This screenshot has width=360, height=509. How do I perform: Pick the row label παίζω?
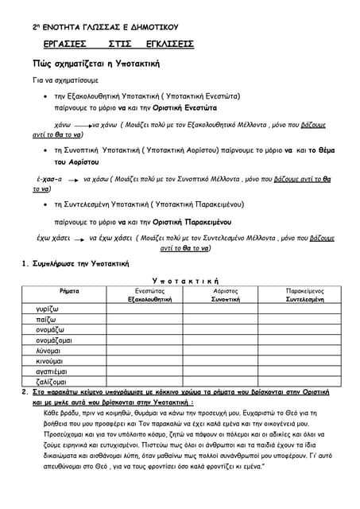click(45, 319)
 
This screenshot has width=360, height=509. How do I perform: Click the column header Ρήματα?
click(70, 292)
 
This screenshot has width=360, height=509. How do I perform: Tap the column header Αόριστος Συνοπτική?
click(226, 296)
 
